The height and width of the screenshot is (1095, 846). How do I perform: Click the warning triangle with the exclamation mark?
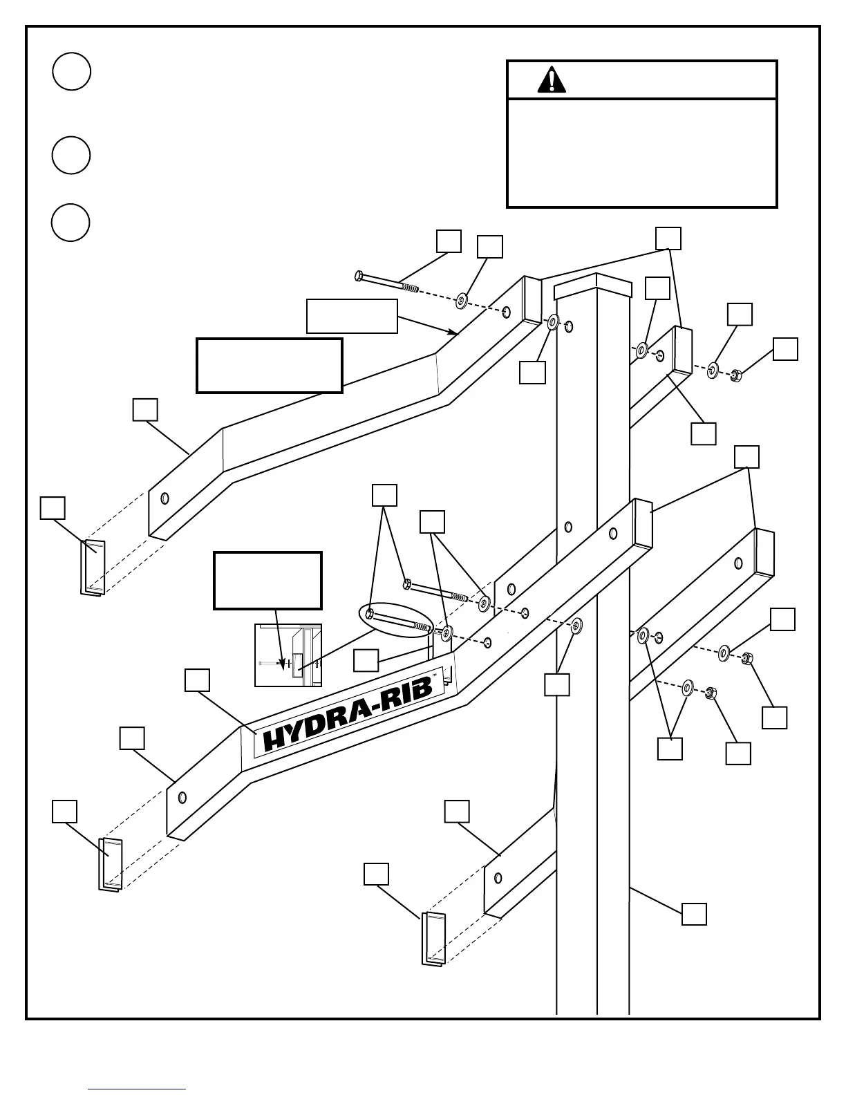551,80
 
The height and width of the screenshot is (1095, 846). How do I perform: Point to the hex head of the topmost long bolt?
358,276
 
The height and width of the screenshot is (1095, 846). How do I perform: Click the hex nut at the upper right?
735,376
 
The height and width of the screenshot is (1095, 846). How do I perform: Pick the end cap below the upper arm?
93,567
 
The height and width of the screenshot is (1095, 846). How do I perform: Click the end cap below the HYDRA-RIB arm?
111,864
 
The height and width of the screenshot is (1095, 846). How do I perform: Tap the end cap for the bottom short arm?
433,938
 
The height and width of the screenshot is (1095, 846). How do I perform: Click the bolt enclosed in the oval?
398,620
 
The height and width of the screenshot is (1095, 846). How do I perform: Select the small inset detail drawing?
288,655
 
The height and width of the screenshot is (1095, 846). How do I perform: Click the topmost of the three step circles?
71,72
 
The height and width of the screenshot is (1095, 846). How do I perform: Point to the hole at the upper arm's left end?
164,498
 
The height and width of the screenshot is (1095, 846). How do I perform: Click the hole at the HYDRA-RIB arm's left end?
182,798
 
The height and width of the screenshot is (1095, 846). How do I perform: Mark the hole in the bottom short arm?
498,879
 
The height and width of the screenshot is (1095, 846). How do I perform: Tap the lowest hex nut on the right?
710,693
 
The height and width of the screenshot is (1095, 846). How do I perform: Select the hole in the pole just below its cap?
568,326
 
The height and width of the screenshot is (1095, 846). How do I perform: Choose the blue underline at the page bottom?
137,1089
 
